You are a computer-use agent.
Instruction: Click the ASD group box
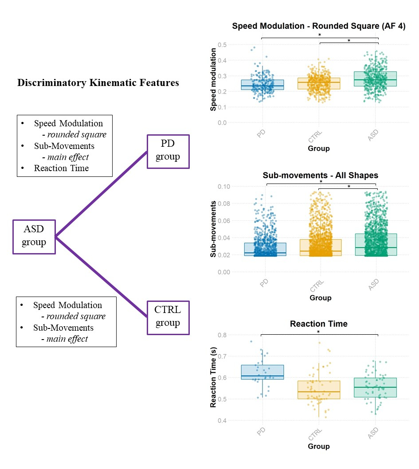coord(34,237)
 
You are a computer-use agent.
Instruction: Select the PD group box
coord(168,152)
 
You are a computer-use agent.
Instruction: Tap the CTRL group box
coord(168,317)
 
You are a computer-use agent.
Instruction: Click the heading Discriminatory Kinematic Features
coord(98,83)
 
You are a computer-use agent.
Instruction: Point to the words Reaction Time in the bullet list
coord(61,168)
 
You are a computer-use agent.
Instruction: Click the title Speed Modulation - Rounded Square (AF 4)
coord(319,26)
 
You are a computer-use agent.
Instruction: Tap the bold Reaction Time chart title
coord(319,324)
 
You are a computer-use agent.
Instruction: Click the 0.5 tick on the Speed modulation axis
coord(222,45)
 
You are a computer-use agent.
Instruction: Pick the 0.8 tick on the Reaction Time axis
coord(222,335)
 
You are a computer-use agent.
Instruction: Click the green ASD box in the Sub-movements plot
coord(376,245)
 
